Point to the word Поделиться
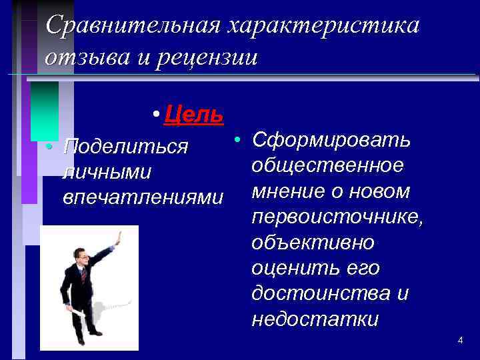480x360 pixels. pos(125,147)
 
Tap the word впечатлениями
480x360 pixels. pos(142,198)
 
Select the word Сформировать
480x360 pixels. pos(331,141)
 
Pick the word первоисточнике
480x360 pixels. pos(337,217)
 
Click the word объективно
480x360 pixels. pos(313,243)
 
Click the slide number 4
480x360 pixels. pos(460,341)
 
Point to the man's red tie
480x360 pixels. pos(83,274)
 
